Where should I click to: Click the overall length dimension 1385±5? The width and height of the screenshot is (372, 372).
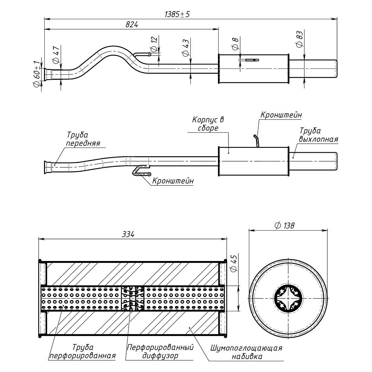tap(177, 14)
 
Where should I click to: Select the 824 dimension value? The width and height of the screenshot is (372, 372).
tap(131, 25)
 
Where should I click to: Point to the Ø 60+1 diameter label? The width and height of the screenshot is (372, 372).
tap(37, 73)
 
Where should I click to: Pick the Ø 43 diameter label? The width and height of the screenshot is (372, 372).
tap(185, 47)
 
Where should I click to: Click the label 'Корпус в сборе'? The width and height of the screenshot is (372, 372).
tap(208, 123)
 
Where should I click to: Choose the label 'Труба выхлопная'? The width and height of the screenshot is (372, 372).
tap(318, 135)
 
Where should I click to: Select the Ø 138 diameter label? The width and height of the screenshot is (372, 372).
tap(284, 225)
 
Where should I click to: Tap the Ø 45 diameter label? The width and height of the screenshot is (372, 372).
tap(234, 263)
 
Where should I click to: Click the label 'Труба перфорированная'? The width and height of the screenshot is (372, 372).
tap(82, 352)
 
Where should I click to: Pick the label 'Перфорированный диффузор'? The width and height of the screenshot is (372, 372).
tap(160, 352)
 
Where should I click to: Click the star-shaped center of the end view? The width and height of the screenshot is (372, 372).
tap(288, 299)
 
